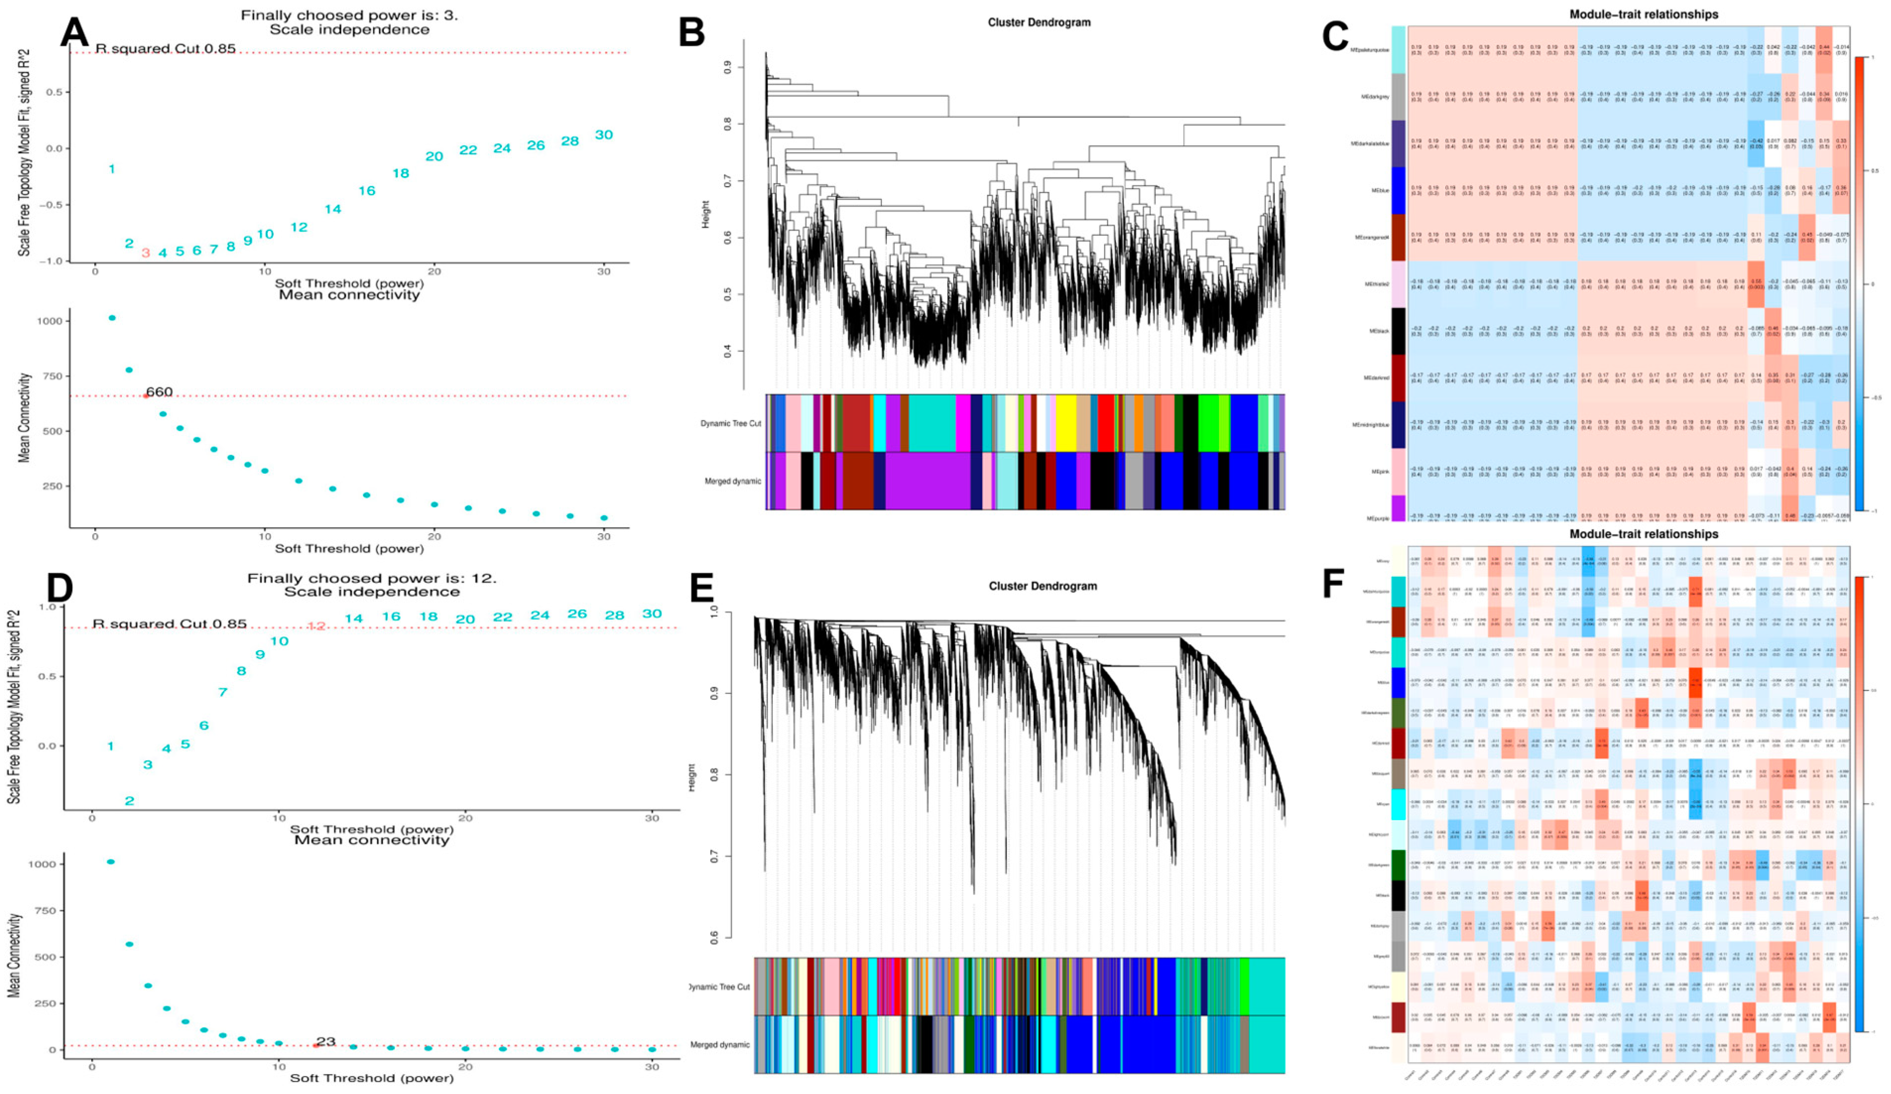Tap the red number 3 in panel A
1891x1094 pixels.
pyautogui.click(x=146, y=254)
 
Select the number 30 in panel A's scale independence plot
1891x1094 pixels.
pyautogui.click(x=604, y=135)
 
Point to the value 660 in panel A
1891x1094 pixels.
pyautogui.click(x=159, y=392)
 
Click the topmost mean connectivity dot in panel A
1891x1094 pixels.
pyautogui.click(x=112, y=318)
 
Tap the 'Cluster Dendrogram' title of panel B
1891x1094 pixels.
pyautogui.click(x=1038, y=22)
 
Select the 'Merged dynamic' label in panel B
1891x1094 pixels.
pyautogui.click(x=732, y=481)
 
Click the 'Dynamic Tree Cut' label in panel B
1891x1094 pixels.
pyautogui.click(x=730, y=423)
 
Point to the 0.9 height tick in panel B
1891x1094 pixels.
pyautogui.click(x=727, y=68)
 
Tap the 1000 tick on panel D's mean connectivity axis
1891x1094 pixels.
pyautogui.click(x=42, y=864)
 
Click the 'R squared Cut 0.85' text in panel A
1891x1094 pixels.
pyautogui.click(x=165, y=49)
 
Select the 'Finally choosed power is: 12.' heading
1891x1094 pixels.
pyautogui.click(x=371, y=578)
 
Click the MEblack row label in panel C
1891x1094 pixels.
pyautogui.click(x=1379, y=331)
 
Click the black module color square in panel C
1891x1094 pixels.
pyautogui.click(x=1398, y=331)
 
